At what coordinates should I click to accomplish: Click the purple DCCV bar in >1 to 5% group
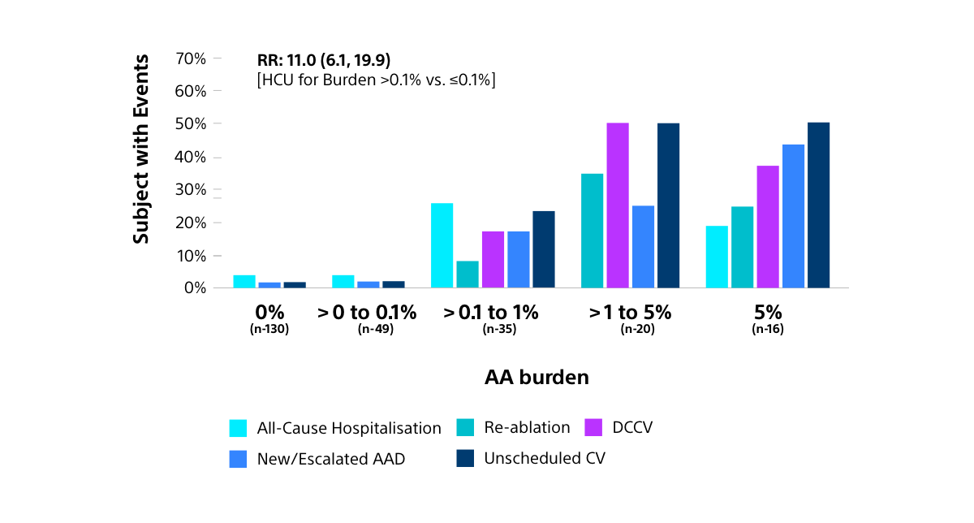tap(618, 205)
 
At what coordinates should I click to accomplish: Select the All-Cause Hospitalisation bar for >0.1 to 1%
tap(442, 245)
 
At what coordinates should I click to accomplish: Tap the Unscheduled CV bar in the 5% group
tap(818, 205)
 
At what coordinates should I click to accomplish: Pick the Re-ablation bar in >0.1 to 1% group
tap(468, 274)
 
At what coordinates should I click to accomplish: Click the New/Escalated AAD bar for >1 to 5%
tap(643, 247)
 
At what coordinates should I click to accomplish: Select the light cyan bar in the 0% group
tap(244, 282)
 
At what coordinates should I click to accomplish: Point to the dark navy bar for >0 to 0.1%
tap(393, 284)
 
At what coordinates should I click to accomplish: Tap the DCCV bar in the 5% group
tap(768, 227)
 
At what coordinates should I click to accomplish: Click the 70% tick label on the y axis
tap(191, 58)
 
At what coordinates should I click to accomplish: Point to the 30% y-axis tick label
tap(191, 190)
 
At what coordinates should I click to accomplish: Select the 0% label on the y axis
tap(195, 288)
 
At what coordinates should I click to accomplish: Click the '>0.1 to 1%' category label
tap(493, 313)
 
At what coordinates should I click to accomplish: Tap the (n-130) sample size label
tap(269, 330)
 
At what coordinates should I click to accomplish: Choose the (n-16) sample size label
tap(768, 330)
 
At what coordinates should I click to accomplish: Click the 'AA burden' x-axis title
tap(537, 378)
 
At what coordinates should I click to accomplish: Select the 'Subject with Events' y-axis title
tap(141, 149)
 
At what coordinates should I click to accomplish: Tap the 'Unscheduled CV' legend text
tap(545, 458)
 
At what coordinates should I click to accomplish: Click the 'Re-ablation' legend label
tap(527, 427)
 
